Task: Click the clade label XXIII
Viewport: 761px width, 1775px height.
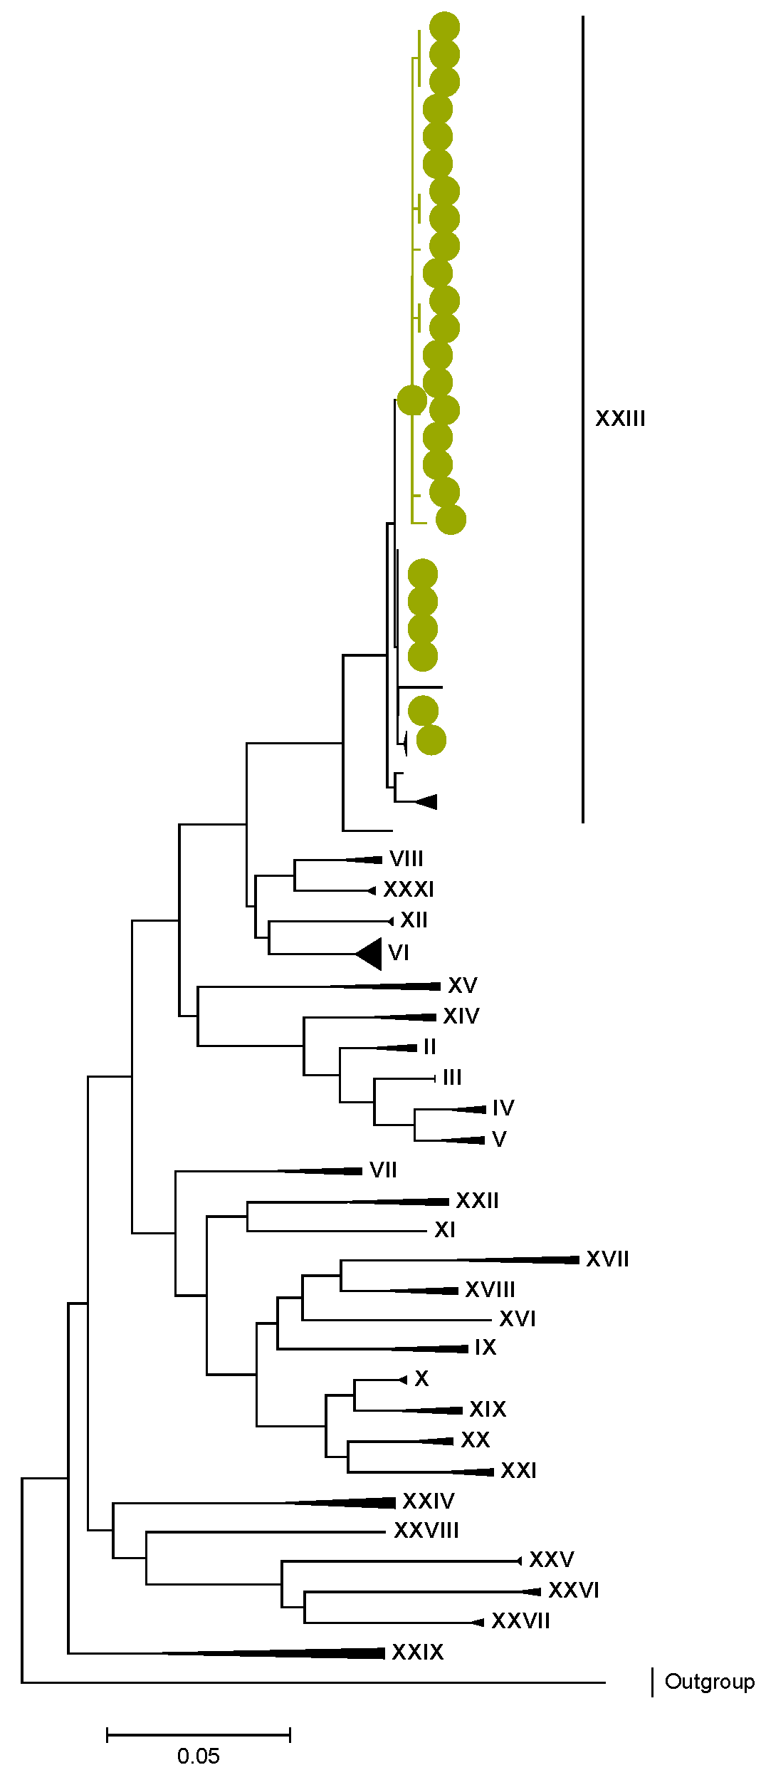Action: point(620,419)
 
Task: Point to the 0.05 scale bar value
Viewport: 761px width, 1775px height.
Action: point(198,1756)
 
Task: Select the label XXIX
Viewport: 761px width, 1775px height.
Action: point(417,1652)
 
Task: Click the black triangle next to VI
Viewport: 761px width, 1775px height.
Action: point(371,953)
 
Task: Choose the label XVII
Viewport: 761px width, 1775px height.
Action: point(607,1259)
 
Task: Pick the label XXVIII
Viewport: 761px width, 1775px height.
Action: point(426,1530)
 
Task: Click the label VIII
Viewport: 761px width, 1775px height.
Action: point(406,859)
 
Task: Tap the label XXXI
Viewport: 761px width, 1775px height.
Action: point(409,890)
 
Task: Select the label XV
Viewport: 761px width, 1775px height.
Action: point(463,986)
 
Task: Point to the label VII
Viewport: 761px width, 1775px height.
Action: point(383,1170)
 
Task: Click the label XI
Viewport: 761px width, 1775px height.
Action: point(445,1230)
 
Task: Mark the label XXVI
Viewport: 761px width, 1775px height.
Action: point(574,1591)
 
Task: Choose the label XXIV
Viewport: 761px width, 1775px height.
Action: point(428,1501)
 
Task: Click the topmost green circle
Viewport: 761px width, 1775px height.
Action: point(444,27)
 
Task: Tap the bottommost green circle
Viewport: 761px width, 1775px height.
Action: point(431,740)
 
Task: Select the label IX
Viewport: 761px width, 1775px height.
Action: point(486,1348)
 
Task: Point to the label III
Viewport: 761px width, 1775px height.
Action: point(452,1077)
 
